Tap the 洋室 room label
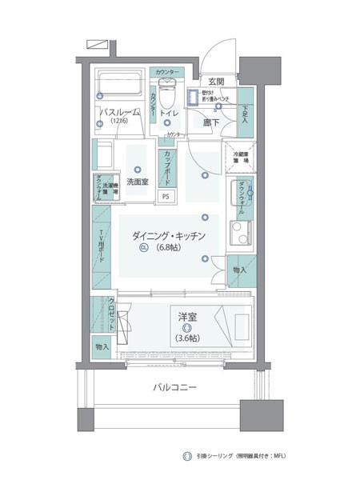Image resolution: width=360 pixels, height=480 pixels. (189, 318)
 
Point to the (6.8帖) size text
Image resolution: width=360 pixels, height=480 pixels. (170, 248)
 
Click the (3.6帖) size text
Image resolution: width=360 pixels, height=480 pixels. (188, 338)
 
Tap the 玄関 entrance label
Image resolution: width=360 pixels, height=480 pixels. (216, 82)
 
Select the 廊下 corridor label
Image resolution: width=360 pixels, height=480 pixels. (211, 122)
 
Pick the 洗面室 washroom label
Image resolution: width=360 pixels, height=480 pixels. (138, 182)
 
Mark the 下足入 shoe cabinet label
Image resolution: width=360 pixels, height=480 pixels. (244, 114)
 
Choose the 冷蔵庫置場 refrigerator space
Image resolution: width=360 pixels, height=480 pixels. (240, 156)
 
